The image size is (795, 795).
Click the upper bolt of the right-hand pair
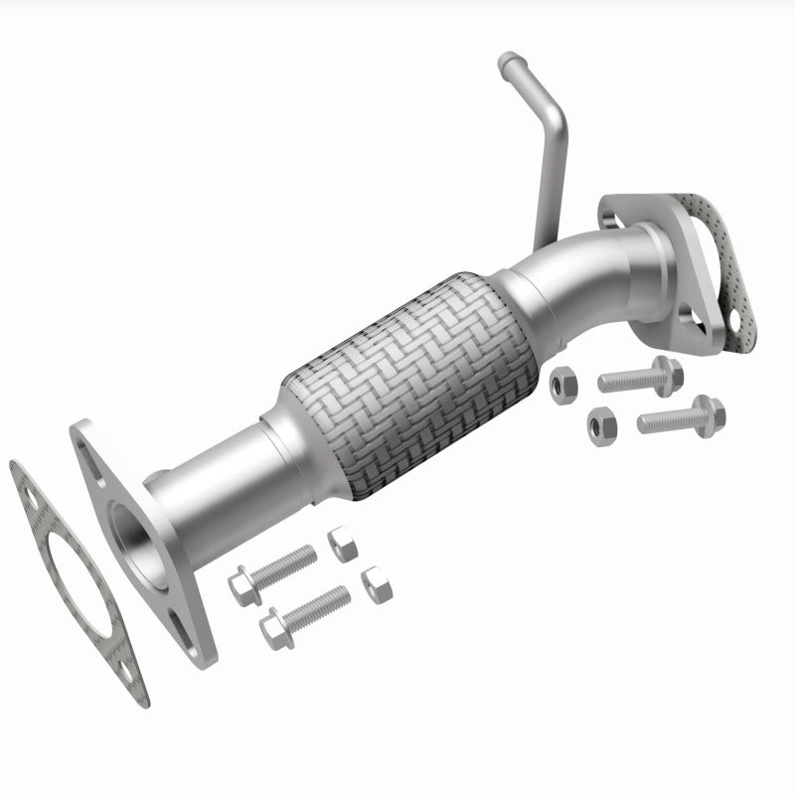tap(641, 377)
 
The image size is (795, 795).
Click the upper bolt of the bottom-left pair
tap(273, 571)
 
